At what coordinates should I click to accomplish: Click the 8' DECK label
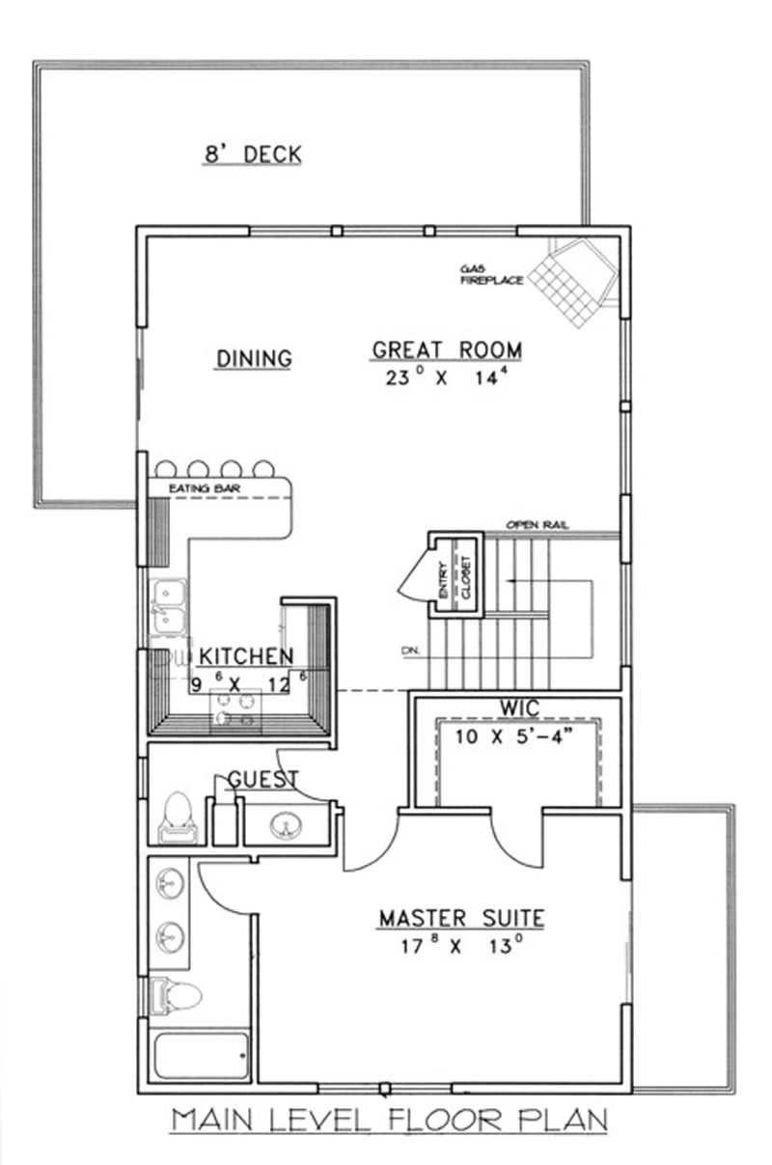pos(252,154)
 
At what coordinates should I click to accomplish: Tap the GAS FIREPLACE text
pos(491,274)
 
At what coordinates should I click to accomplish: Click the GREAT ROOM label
pos(447,349)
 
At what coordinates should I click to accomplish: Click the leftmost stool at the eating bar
pos(165,470)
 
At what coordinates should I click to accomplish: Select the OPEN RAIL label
pos(538,525)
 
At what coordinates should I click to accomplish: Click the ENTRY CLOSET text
pos(454,582)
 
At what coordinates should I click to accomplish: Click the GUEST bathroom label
pos(262,779)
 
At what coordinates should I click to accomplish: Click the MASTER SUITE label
pos(460,917)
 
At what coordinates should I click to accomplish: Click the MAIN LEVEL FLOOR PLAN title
pos(389,1121)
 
